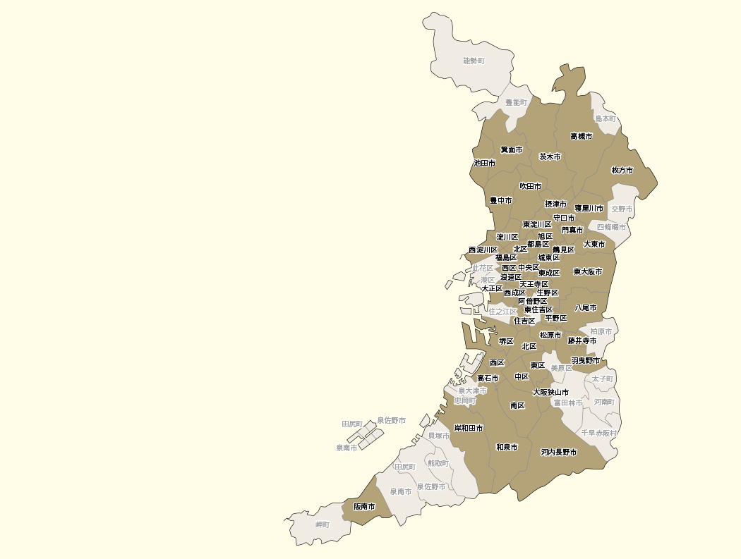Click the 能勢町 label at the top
pyautogui.click(x=474, y=61)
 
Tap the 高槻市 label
pyautogui.click(x=582, y=136)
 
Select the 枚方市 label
pyautogui.click(x=622, y=170)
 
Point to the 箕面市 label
pyautogui.click(x=512, y=149)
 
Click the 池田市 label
pyautogui.click(x=485, y=163)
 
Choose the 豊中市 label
pyautogui.click(x=501, y=201)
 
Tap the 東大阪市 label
pyautogui.click(x=588, y=271)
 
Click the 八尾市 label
pyautogui.click(x=586, y=308)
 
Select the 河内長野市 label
pyautogui.click(x=559, y=452)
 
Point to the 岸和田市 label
pyautogui.click(x=469, y=428)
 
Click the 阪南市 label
pyautogui.click(x=365, y=506)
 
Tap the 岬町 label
pyautogui.click(x=323, y=524)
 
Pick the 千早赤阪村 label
pyautogui.click(x=599, y=433)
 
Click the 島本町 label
pyautogui.click(x=606, y=118)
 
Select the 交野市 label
pyautogui.click(x=622, y=209)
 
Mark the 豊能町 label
pyautogui.click(x=516, y=103)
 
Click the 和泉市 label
pyautogui.click(x=507, y=447)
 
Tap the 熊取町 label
pyautogui.click(x=438, y=463)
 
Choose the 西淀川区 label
pyautogui.click(x=483, y=250)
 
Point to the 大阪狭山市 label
pyautogui.click(x=550, y=392)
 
